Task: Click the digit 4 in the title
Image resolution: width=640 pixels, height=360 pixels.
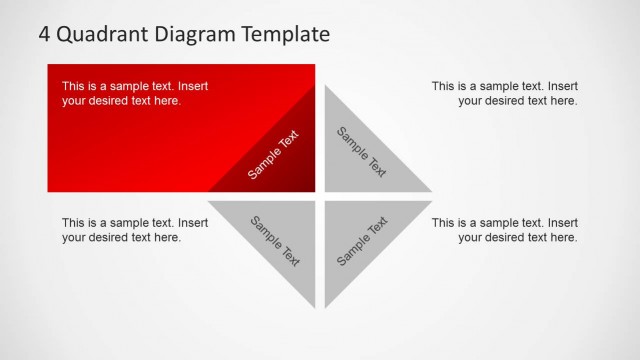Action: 45,34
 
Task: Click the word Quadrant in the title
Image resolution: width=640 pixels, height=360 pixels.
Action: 97,34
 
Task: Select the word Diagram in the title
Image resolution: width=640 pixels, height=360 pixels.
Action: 191,34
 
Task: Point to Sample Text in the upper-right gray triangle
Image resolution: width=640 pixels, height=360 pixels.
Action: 361,152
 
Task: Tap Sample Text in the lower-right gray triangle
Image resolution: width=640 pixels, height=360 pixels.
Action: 361,241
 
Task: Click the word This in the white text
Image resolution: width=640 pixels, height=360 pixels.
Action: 74,86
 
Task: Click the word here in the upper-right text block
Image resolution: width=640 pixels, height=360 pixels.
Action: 563,101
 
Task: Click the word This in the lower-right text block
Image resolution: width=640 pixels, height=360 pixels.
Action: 444,223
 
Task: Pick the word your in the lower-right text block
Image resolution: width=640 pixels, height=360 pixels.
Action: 471,238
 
